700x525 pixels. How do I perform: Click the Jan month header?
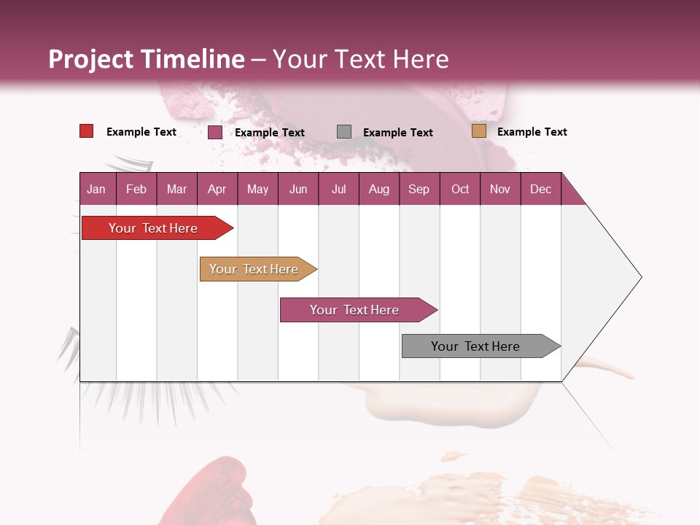click(96, 190)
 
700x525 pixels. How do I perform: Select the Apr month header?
click(217, 190)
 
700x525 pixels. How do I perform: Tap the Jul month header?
click(338, 190)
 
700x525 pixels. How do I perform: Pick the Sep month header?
click(419, 190)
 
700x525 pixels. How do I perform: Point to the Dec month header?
click(540, 190)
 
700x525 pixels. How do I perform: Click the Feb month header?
click(136, 190)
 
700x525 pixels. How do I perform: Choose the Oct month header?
click(460, 190)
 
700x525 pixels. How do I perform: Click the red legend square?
click(87, 131)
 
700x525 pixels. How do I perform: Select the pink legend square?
click(215, 132)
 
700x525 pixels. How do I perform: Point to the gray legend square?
click(344, 132)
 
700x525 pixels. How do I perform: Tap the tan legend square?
click(478, 131)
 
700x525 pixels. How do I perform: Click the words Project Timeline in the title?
click(147, 59)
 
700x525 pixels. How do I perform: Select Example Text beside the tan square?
click(532, 132)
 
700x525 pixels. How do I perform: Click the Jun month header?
click(298, 190)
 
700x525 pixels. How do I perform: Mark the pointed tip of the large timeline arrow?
click(640, 277)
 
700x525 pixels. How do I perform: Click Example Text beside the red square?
click(141, 132)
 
